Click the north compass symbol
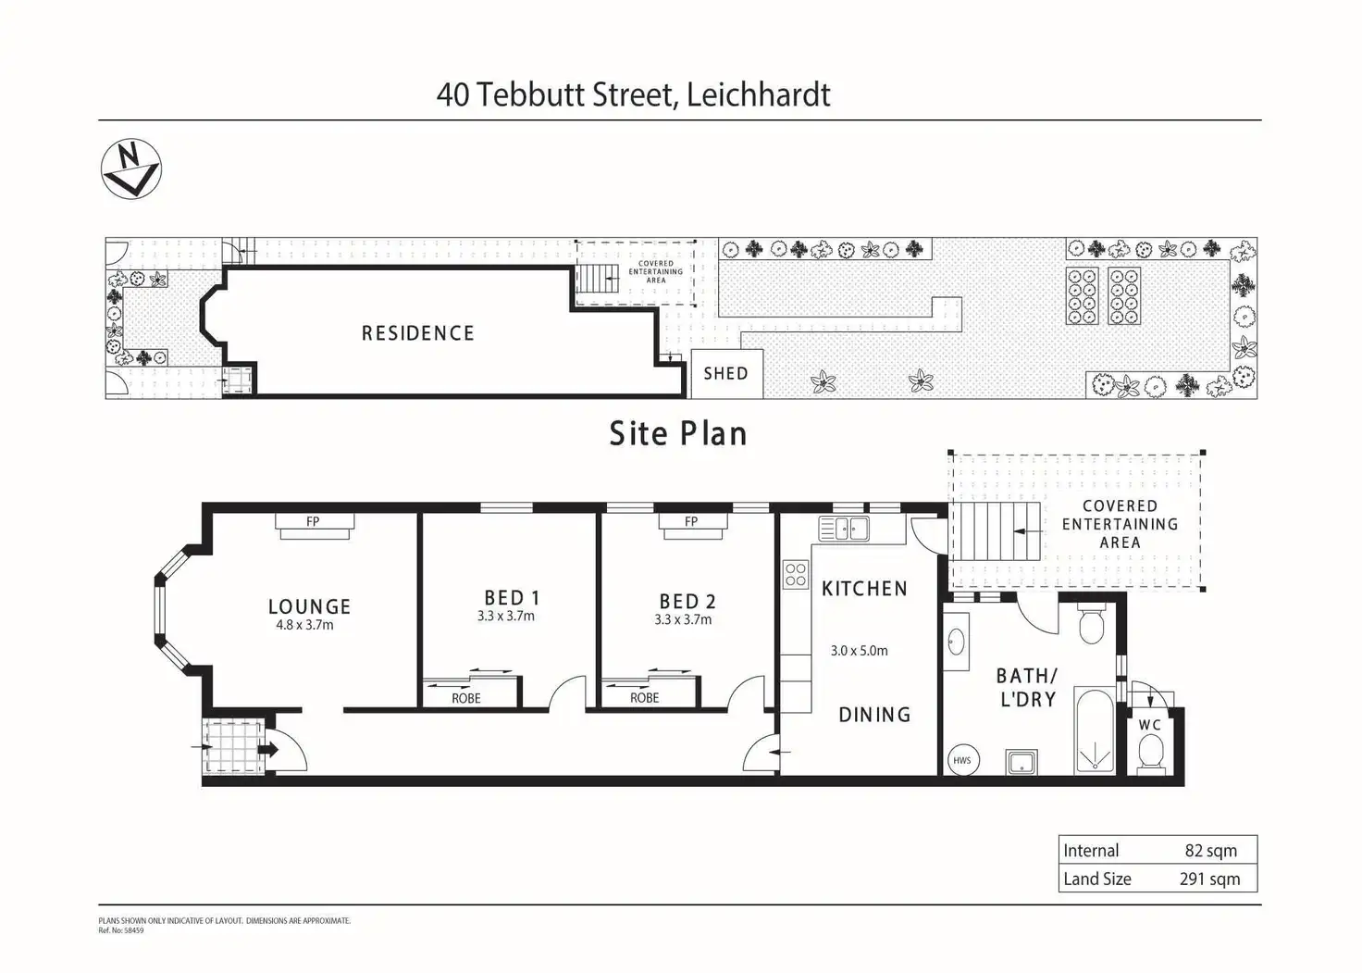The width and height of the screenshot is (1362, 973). click(x=131, y=168)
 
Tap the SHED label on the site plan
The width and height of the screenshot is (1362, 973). click(x=726, y=374)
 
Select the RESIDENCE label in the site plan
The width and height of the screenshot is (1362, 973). click(x=417, y=333)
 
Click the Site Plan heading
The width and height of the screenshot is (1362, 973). click(x=678, y=434)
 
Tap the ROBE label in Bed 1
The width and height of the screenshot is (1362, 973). click(x=466, y=699)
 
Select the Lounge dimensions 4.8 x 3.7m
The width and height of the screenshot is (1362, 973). click(x=304, y=625)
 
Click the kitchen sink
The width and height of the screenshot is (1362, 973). click(x=844, y=529)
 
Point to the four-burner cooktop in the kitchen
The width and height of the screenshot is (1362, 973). click(x=796, y=574)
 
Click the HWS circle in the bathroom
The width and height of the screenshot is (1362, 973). click(x=962, y=760)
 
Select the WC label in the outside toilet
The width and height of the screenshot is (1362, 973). click(x=1150, y=725)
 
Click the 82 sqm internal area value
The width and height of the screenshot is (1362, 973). click(x=1210, y=851)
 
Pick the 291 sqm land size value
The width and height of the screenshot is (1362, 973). click(x=1210, y=879)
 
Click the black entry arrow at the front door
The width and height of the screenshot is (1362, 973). click(x=268, y=749)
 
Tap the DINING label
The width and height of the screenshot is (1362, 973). click(x=874, y=715)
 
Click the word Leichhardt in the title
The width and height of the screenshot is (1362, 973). click(x=759, y=95)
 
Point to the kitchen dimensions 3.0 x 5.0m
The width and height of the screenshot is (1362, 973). click(x=860, y=651)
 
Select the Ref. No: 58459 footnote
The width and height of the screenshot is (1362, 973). click(x=121, y=930)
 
